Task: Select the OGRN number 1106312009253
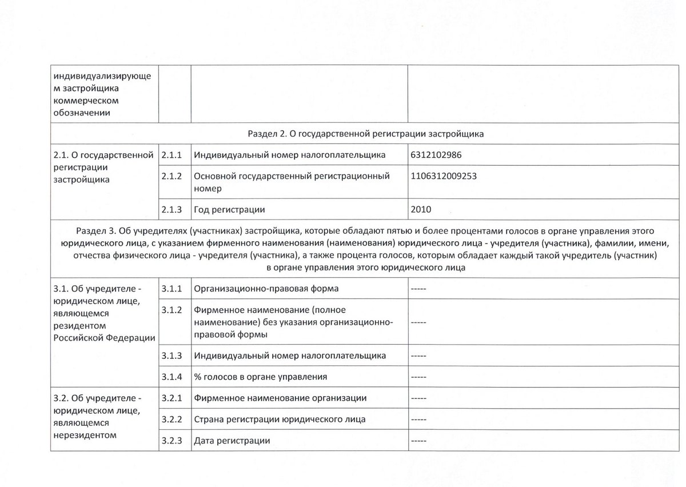click(x=443, y=176)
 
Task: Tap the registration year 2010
click(x=422, y=210)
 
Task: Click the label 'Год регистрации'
click(x=229, y=210)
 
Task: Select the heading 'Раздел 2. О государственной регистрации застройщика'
click(x=366, y=134)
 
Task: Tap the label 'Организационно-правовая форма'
click(x=266, y=288)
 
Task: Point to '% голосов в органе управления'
click(x=261, y=377)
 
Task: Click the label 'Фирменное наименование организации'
click(x=280, y=398)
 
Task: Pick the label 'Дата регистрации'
click(x=232, y=441)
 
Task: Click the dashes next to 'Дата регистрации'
click(x=418, y=441)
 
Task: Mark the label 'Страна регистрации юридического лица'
click(x=280, y=419)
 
